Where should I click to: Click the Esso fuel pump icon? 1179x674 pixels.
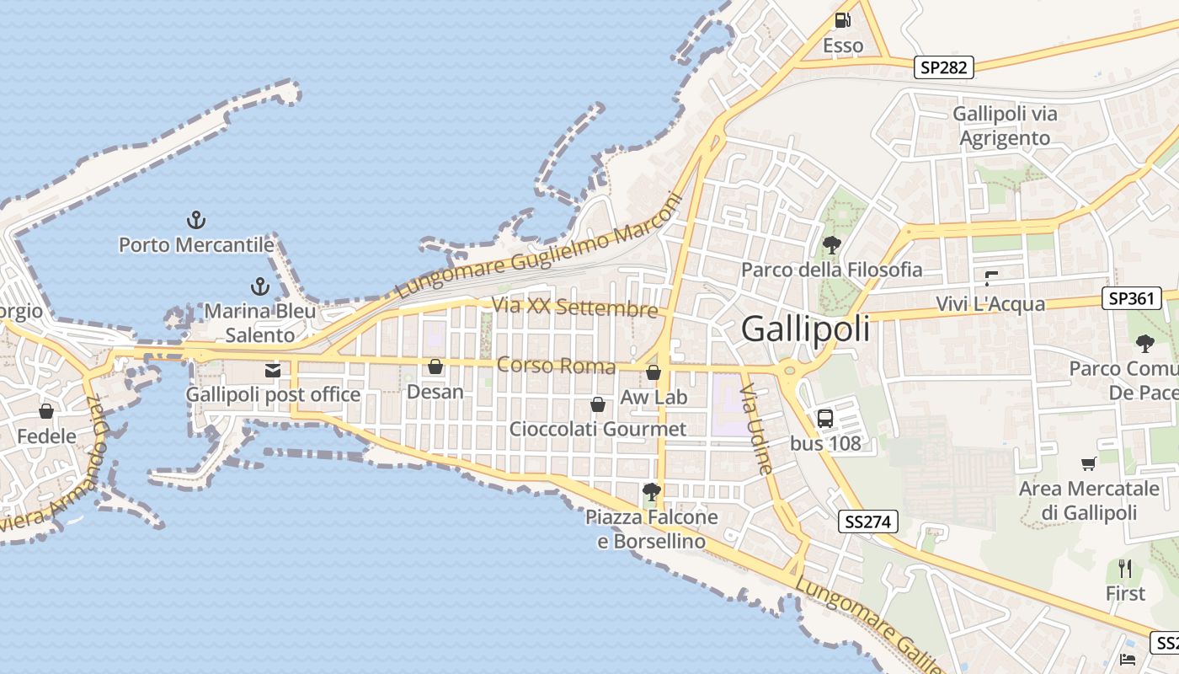coord(841,20)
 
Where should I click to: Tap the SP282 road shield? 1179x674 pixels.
coord(943,67)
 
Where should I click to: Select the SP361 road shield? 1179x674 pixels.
coord(1131,298)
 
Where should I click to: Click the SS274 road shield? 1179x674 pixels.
coord(867,522)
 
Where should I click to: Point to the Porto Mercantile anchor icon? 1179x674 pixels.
coord(195,221)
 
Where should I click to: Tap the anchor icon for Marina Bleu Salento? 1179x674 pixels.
coord(259,286)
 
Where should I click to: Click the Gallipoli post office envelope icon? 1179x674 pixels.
coord(273,370)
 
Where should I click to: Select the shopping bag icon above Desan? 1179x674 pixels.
coord(435,366)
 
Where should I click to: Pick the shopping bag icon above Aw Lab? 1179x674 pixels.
coord(654,372)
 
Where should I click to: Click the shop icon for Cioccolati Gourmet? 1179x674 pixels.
coord(598,404)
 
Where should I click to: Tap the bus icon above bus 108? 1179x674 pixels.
coord(825,418)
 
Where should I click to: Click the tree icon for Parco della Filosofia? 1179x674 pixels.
coord(831,245)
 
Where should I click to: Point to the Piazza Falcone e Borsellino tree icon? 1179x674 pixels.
coord(650,491)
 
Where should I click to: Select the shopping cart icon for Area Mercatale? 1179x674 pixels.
coord(1088,463)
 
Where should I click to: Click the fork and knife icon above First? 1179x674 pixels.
coord(1124,569)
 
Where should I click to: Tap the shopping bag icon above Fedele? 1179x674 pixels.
coord(46,411)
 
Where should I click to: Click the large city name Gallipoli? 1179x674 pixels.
coord(805,329)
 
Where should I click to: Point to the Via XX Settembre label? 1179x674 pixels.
coord(574,307)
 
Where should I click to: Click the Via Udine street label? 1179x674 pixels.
coord(755,429)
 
